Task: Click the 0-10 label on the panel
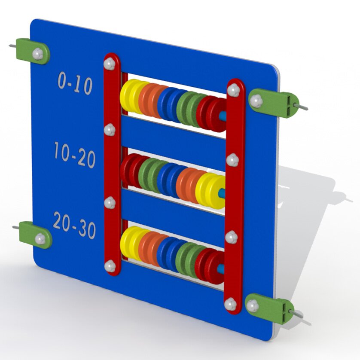pos(75,83)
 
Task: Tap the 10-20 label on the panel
pos(75,155)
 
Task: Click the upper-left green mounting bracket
pos(33,51)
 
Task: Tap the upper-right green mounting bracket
pos(274,103)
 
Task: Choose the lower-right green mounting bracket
pos(269,308)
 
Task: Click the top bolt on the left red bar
pos(109,64)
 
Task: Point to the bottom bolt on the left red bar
pos(110,266)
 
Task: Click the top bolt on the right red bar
pos(234,90)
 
